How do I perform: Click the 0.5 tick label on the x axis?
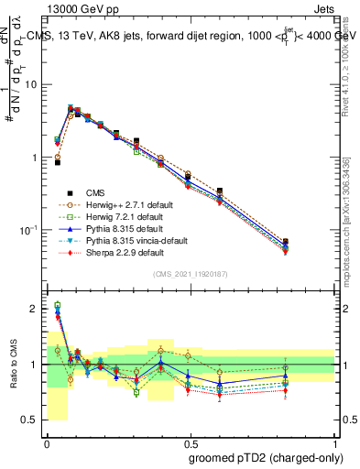click(191, 441)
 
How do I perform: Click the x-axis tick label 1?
click(334, 441)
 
